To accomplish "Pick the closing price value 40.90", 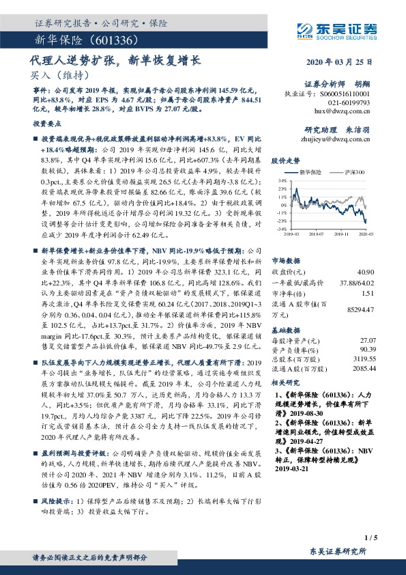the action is click(x=367, y=253).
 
